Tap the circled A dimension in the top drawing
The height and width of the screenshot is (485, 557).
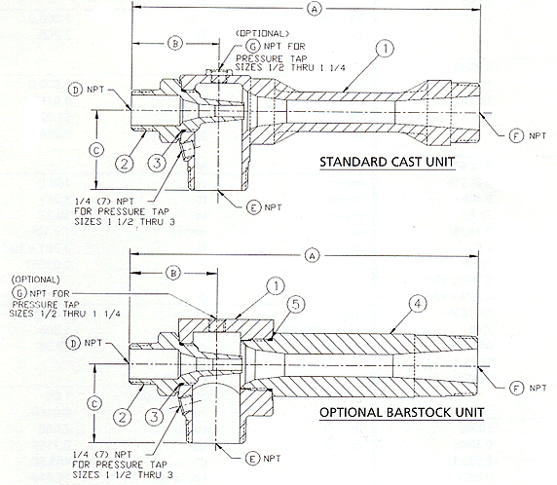coord(315,8)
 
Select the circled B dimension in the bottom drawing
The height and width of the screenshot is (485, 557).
coord(172,274)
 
